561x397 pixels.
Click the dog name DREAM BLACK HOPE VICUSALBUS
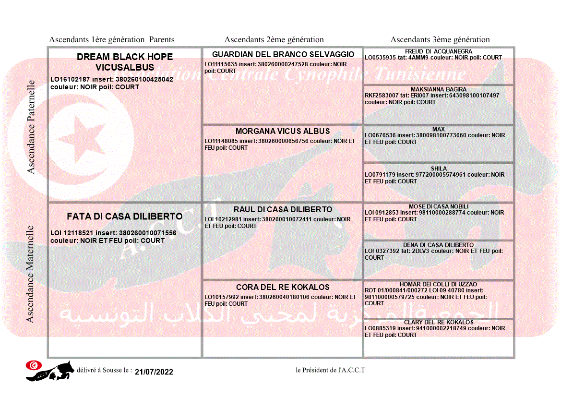[x=125, y=62]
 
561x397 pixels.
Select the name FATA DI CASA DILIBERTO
[x=125, y=217]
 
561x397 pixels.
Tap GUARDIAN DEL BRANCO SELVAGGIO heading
[x=283, y=54]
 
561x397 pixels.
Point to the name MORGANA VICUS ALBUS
[x=283, y=131]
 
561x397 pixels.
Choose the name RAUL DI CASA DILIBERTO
[x=283, y=209]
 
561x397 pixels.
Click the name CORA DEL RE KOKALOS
[x=283, y=287]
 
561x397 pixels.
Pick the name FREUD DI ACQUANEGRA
[x=438, y=51]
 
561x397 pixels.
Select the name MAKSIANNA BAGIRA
[x=438, y=89]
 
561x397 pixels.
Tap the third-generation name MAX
[x=438, y=129]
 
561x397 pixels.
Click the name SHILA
[x=438, y=168]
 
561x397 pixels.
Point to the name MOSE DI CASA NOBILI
[x=438, y=206]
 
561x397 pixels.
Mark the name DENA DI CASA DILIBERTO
[x=438, y=245]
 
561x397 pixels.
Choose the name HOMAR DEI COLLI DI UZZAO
[x=438, y=284]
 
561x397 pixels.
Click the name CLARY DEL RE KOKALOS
[x=438, y=322]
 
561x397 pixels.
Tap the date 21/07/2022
[x=154, y=372]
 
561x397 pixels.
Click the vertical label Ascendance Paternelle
[x=31, y=127]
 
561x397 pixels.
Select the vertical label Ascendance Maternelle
[x=30, y=274]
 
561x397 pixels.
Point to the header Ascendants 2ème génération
[x=274, y=40]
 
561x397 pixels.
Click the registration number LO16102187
[x=70, y=79]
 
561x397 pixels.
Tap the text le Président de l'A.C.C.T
[x=331, y=370]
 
